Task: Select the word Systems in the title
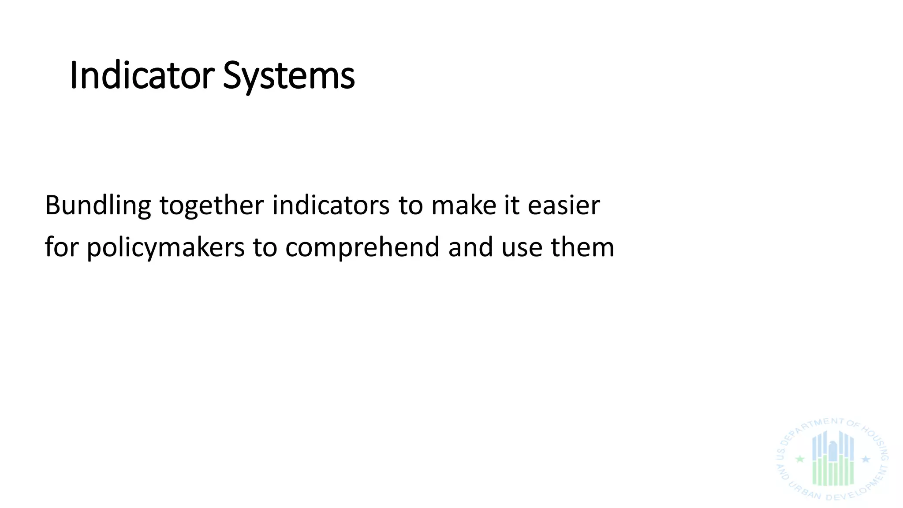(x=289, y=76)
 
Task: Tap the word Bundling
(x=98, y=205)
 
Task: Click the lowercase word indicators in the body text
(x=331, y=205)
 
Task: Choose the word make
(x=463, y=205)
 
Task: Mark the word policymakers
(x=165, y=247)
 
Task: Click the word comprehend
(x=362, y=247)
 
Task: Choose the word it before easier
(x=511, y=205)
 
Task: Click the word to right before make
(x=410, y=205)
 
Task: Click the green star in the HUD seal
(x=800, y=459)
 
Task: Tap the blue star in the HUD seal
(x=866, y=459)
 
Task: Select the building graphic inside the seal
(x=833, y=459)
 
